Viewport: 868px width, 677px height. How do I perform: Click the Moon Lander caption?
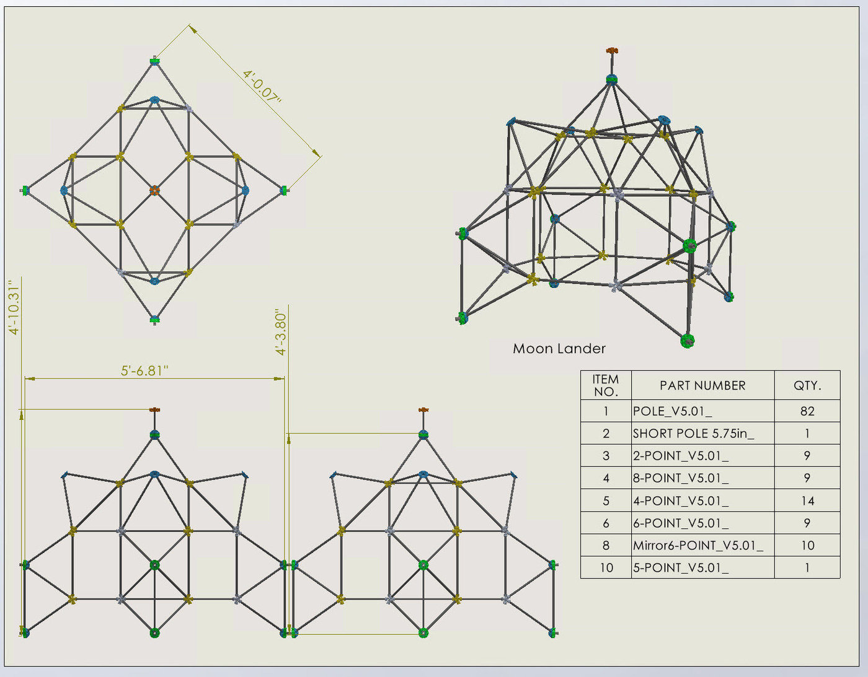(559, 349)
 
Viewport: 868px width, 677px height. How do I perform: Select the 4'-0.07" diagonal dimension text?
(262, 87)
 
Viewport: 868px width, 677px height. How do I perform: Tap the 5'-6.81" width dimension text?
(144, 370)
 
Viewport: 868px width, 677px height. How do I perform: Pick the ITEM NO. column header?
(606, 385)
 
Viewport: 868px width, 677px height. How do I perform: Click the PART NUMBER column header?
(702, 385)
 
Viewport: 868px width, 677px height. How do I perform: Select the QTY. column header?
(807, 385)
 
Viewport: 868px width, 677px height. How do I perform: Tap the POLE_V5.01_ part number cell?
(672, 411)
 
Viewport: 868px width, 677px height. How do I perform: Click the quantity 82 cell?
(807, 411)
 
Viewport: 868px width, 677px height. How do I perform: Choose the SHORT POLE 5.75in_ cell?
(693, 433)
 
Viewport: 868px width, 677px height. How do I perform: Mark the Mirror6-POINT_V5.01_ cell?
(698, 545)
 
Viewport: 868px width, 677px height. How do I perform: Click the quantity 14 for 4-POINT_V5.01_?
(807, 500)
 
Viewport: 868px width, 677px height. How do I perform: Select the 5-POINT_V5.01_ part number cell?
(681, 567)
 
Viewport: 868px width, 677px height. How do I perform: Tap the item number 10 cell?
(606, 567)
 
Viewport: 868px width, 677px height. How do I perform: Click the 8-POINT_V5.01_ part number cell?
(681, 478)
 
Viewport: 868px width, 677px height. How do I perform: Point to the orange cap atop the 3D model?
(611, 51)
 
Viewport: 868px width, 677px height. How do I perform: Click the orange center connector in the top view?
(154, 190)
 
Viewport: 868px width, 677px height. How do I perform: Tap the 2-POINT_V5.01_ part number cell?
(681, 456)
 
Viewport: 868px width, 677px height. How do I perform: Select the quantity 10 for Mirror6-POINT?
(807, 545)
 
